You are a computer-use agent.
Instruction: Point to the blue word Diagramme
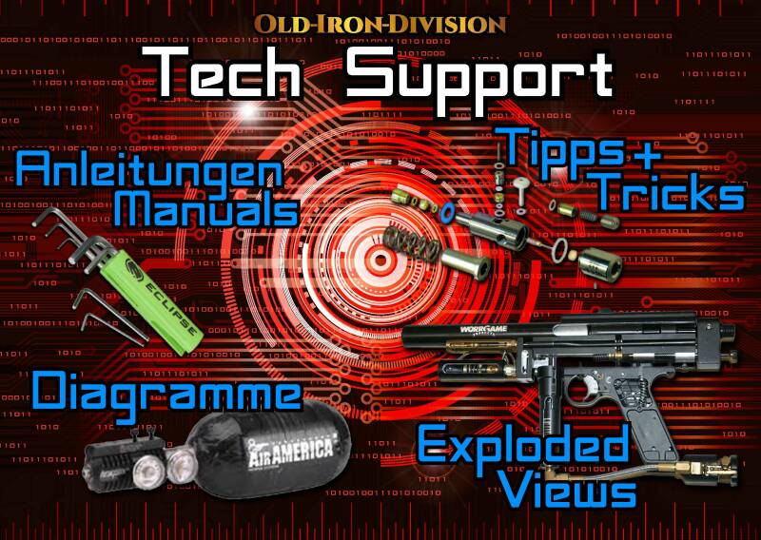[x=166, y=392]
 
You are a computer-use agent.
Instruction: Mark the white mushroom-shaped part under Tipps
[x=520, y=181]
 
